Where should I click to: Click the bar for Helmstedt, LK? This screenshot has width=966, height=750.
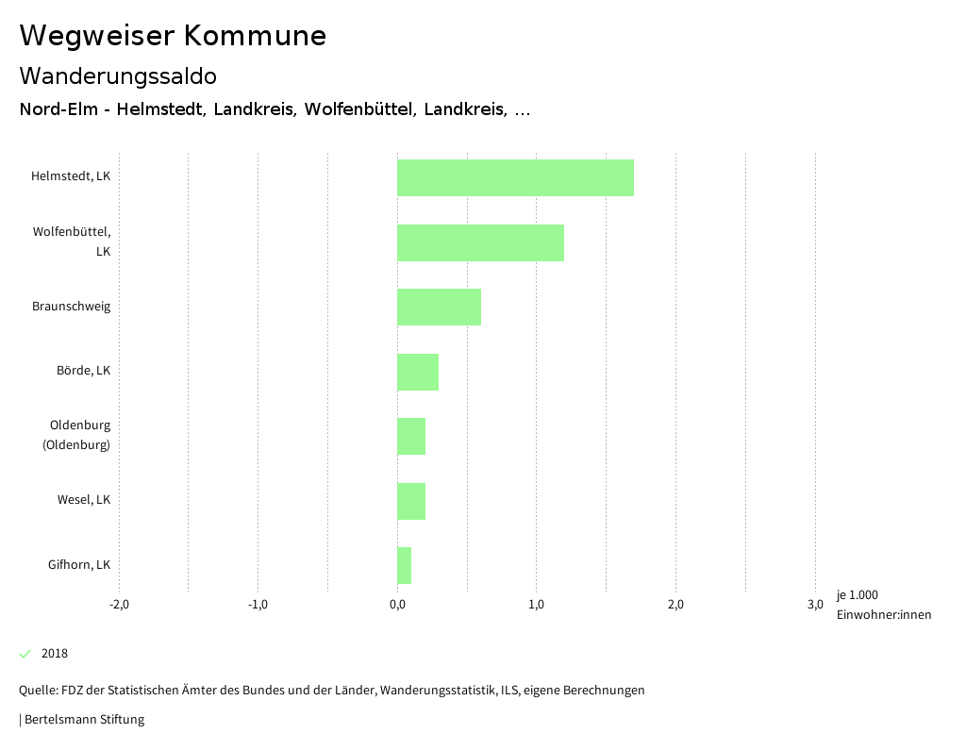click(515, 177)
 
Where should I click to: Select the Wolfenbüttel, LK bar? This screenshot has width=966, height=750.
click(480, 242)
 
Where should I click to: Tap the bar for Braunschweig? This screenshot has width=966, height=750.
click(439, 307)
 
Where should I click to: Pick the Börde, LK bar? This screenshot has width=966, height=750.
click(418, 372)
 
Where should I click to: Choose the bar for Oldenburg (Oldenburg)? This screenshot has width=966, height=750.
click(411, 436)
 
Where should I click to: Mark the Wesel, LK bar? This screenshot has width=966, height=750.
click(411, 501)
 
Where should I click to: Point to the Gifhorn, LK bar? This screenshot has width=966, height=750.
click(404, 565)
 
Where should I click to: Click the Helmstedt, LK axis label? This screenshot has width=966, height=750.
click(71, 176)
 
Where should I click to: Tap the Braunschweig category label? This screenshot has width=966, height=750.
click(71, 307)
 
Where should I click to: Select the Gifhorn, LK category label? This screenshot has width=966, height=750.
click(79, 565)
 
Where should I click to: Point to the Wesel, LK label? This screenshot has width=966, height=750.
click(84, 500)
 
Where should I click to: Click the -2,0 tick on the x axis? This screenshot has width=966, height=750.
click(119, 605)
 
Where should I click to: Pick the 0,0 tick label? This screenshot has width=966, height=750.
click(397, 605)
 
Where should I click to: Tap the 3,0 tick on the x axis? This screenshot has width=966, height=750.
click(815, 605)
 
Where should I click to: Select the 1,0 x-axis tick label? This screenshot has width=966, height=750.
click(537, 605)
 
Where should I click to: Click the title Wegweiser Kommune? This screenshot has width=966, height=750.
click(173, 36)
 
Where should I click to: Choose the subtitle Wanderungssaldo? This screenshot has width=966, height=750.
click(118, 75)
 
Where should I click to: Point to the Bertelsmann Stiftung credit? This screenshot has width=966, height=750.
click(83, 720)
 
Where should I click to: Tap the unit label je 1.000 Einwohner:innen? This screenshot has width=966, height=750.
click(883, 605)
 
